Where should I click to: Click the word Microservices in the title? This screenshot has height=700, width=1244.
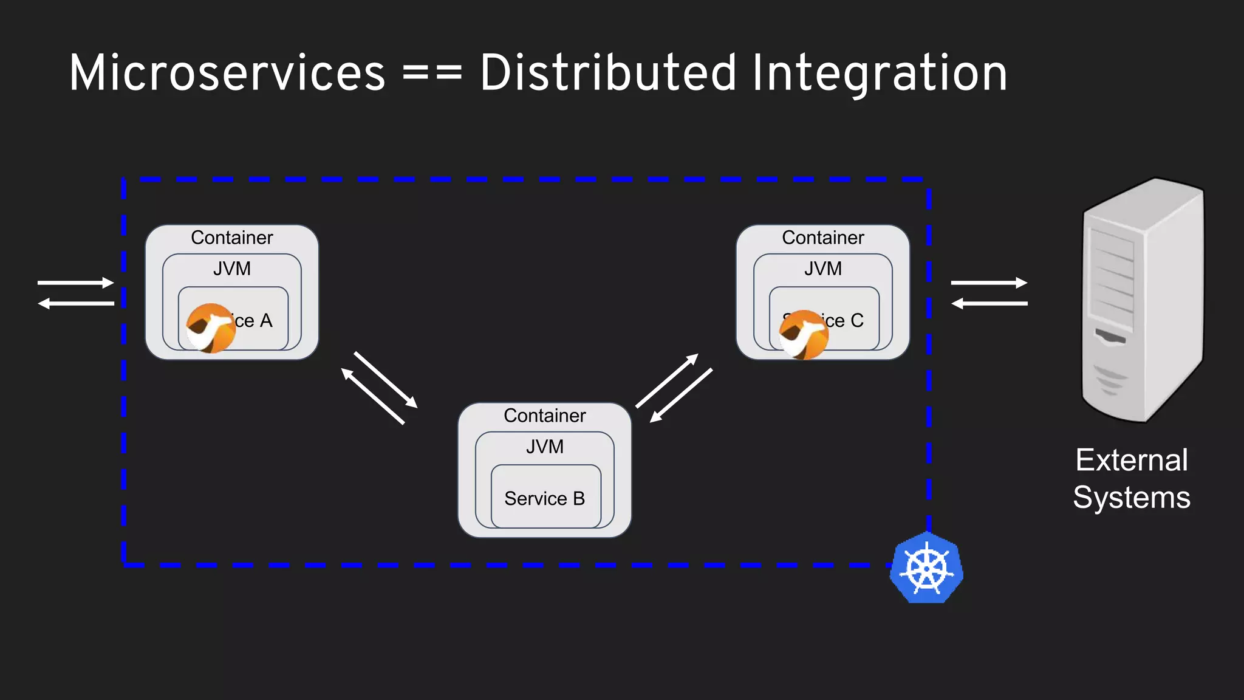pos(227,74)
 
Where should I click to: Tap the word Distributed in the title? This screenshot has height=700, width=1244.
pos(607,74)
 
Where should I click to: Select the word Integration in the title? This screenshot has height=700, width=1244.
pos(880,74)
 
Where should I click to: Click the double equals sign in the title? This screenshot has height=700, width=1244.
pos(432,74)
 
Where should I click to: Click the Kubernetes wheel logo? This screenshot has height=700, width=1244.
pos(926,568)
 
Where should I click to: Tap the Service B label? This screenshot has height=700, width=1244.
pos(544,498)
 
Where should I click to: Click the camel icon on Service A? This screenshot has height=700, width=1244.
pos(210,328)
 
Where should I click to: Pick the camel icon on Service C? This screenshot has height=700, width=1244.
pos(803,335)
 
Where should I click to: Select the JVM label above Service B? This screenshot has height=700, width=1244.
pos(544,447)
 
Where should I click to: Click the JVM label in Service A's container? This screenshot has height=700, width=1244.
pos(231,269)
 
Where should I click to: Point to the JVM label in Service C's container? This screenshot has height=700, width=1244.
pos(822,269)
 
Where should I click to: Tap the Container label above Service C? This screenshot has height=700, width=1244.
pos(822,238)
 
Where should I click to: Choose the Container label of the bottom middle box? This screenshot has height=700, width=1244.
pos(544,416)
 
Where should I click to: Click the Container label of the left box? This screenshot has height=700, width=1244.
pos(231,238)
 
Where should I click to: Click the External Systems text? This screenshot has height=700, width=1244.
pos(1131,478)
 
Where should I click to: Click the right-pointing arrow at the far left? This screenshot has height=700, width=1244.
pos(76,283)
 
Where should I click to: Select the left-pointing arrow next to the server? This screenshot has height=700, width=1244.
pos(989,303)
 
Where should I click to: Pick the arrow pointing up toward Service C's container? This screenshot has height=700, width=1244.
pos(667,380)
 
